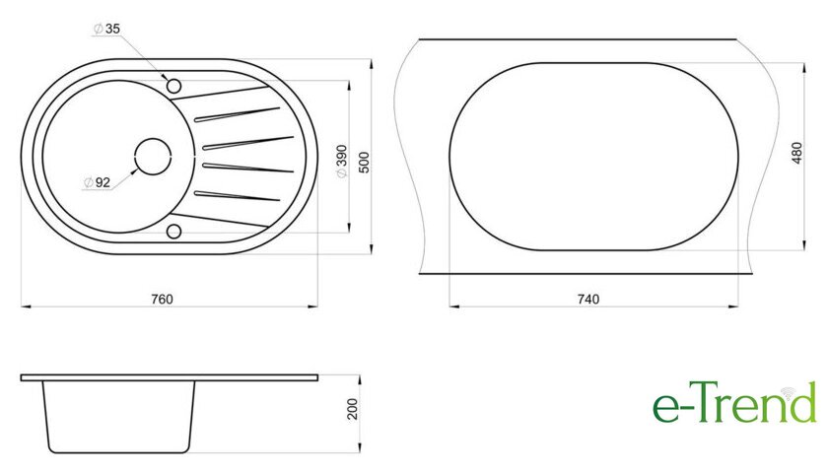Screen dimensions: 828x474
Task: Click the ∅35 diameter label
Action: coord(106,29)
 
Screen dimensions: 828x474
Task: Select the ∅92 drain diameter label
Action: coord(98,182)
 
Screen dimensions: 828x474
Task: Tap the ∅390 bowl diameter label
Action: coord(342,162)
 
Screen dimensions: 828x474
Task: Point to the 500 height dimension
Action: coord(365,162)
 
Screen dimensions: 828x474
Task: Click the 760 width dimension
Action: coord(162,300)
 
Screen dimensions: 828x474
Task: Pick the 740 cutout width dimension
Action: coord(588,300)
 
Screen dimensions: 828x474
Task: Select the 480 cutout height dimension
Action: coord(796,153)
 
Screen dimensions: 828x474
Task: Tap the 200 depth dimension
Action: coord(352,409)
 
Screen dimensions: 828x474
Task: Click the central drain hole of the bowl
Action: coord(153,157)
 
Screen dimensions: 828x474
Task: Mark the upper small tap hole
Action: coord(173,86)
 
